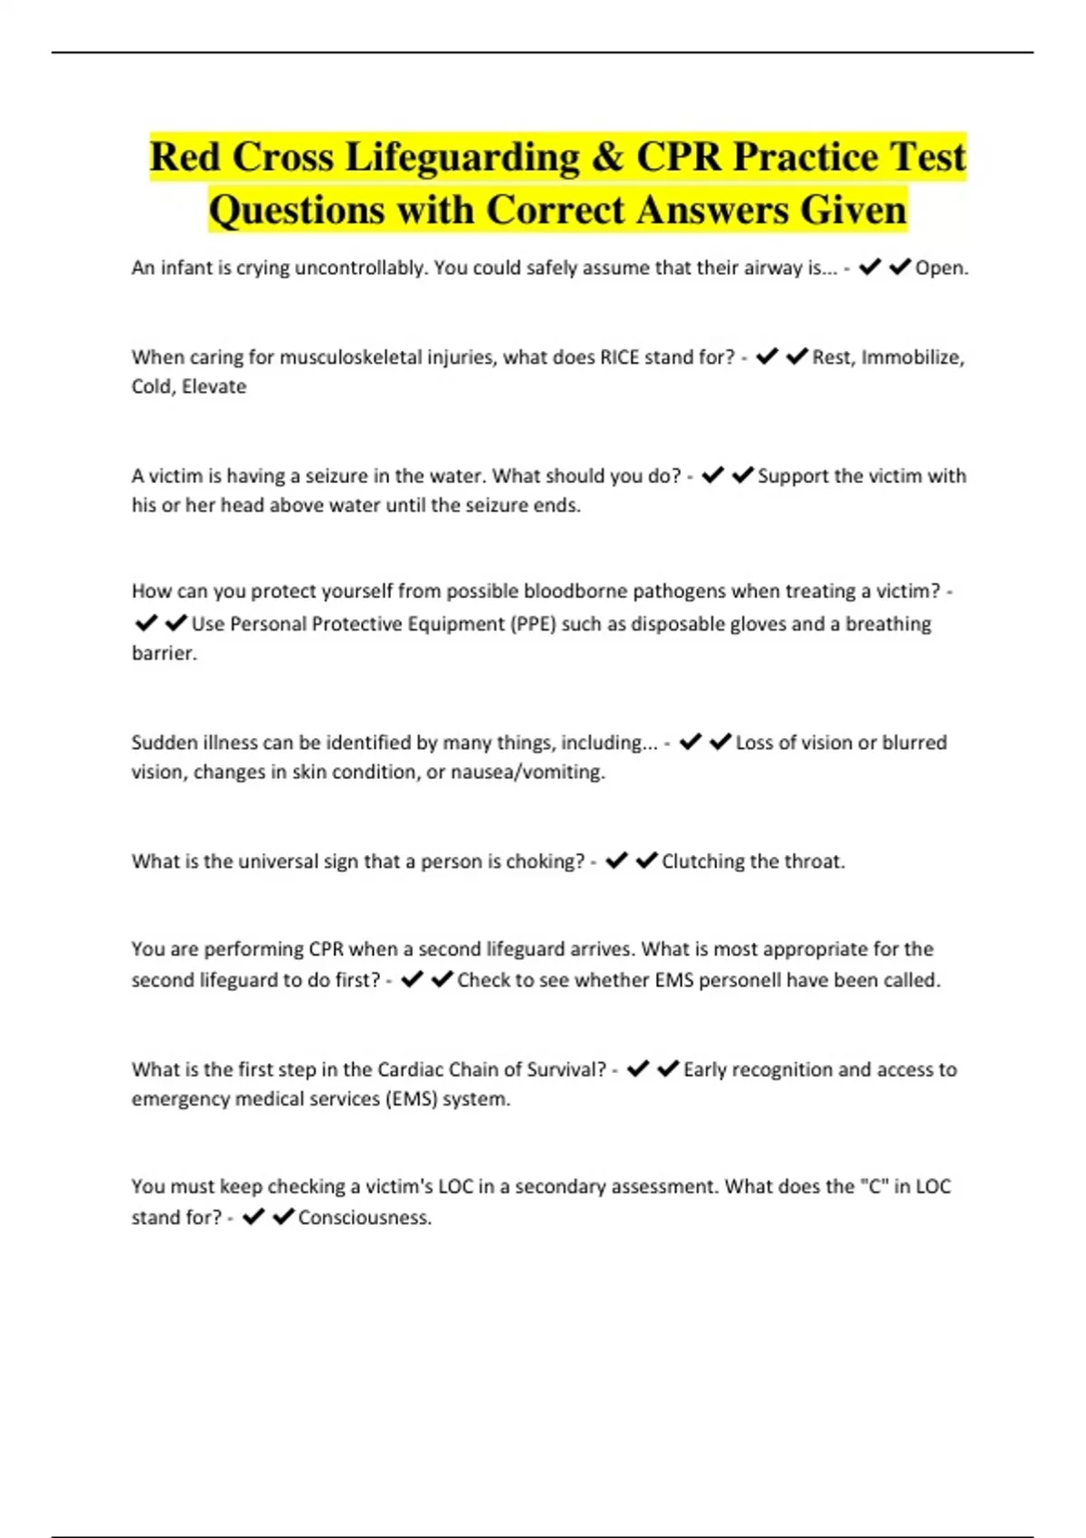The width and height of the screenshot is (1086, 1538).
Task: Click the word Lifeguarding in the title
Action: (462, 157)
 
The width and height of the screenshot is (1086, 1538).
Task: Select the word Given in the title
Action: (853, 211)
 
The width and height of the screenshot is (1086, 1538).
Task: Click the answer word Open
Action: (941, 268)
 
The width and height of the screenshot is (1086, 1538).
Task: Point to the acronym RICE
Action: (619, 357)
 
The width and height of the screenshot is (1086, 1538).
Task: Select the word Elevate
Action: (214, 386)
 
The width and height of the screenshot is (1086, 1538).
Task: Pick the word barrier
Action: (164, 653)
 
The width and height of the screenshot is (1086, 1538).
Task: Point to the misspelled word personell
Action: (738, 980)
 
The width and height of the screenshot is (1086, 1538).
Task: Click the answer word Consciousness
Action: (365, 1218)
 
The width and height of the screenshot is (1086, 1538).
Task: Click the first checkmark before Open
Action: (870, 267)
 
